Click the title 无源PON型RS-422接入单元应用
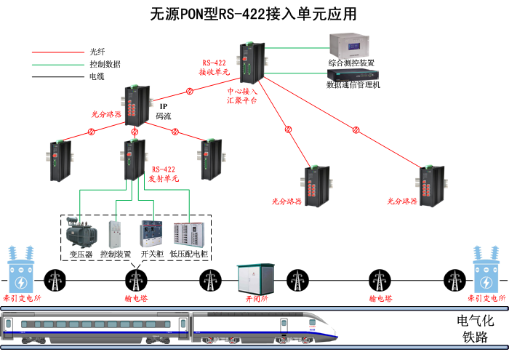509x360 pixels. (x=254, y=14)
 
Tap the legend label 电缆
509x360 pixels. (x=96, y=76)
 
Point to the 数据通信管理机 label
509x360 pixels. (x=353, y=86)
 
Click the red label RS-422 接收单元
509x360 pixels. (x=215, y=68)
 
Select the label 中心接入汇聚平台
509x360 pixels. (x=242, y=97)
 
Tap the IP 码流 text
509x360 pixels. (x=164, y=111)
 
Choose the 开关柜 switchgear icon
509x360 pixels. (x=151, y=233)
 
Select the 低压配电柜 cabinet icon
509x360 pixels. (x=188, y=233)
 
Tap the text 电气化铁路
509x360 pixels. (x=474, y=328)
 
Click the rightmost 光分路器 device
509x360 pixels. (x=430, y=185)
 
